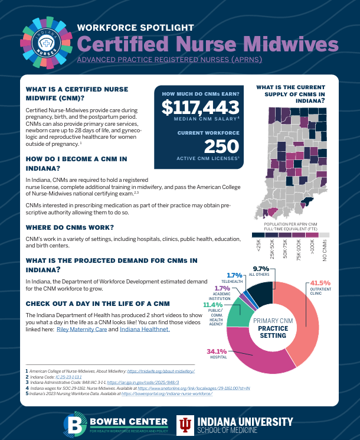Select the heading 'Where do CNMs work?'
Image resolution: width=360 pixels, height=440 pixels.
coord(70,227)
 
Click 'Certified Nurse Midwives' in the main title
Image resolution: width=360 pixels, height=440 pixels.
coord(208,43)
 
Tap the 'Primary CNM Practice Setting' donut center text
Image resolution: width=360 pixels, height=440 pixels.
coord(273,327)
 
